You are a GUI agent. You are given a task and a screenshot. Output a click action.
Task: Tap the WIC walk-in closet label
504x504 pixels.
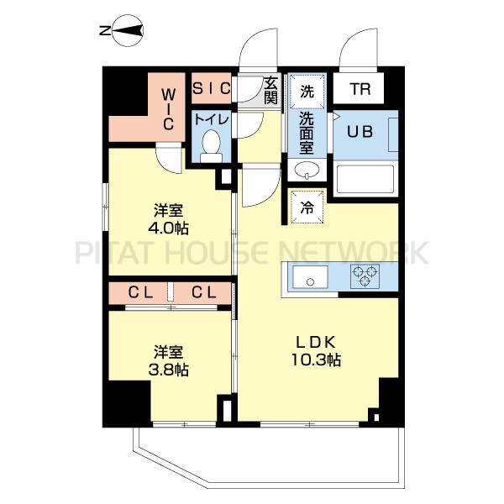point(169,109)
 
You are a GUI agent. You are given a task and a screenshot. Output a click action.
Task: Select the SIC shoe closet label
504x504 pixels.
point(212,88)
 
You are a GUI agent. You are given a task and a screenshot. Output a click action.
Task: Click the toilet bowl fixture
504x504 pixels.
point(212,146)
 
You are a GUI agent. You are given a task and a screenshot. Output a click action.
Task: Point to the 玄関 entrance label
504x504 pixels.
point(270,91)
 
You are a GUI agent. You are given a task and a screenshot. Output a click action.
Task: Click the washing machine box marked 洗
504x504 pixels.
point(307,92)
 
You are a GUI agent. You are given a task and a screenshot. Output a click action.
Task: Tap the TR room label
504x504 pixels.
point(360,89)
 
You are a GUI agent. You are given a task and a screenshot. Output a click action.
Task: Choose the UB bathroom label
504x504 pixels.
point(360,132)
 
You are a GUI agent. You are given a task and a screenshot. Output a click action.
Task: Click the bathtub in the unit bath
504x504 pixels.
point(365,179)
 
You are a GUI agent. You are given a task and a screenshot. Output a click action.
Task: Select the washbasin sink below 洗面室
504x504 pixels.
point(307,170)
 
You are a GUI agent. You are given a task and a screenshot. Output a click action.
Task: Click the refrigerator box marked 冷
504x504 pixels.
point(307,207)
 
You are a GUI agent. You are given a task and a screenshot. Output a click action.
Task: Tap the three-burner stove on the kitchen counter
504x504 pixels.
point(365,276)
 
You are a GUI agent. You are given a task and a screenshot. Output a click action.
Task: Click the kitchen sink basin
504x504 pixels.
point(310,276)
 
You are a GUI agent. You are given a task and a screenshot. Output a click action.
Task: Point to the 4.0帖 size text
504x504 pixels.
point(169,228)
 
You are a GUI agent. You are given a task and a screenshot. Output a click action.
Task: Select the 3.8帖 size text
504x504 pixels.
point(169,370)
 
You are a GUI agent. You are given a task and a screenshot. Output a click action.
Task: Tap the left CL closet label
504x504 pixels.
point(140,292)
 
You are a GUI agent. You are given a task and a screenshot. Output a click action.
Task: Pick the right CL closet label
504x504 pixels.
point(204,292)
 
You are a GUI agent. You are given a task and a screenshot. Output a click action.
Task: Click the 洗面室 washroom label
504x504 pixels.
point(307,134)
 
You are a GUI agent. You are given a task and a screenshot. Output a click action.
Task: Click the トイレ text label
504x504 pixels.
point(212,119)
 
